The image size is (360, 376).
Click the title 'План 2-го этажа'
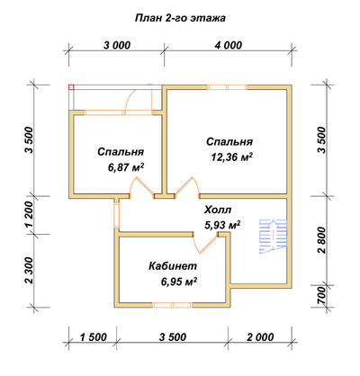[x=180, y=18]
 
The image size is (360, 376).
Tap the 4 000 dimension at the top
[x=228, y=45]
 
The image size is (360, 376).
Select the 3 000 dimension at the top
[x=117, y=45]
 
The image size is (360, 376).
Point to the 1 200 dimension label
[x=29, y=215]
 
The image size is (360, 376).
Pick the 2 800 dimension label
[x=321, y=240]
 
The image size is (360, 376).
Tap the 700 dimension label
[x=321, y=296]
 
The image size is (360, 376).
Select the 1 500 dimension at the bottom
[x=93, y=337]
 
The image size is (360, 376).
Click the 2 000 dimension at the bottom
[x=260, y=337]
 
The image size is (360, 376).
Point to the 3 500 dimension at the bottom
[x=173, y=337]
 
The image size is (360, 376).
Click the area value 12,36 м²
[x=231, y=157]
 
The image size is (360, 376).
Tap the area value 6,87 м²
[x=126, y=167]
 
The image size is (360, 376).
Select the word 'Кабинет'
[x=173, y=266]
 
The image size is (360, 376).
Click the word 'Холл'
[x=218, y=210]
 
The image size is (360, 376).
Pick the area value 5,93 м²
[x=222, y=225]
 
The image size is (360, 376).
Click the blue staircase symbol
[x=274, y=237]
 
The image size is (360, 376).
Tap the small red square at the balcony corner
[x=71, y=87]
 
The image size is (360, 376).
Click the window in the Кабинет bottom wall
[x=172, y=305]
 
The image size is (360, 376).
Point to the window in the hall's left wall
[x=116, y=215]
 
